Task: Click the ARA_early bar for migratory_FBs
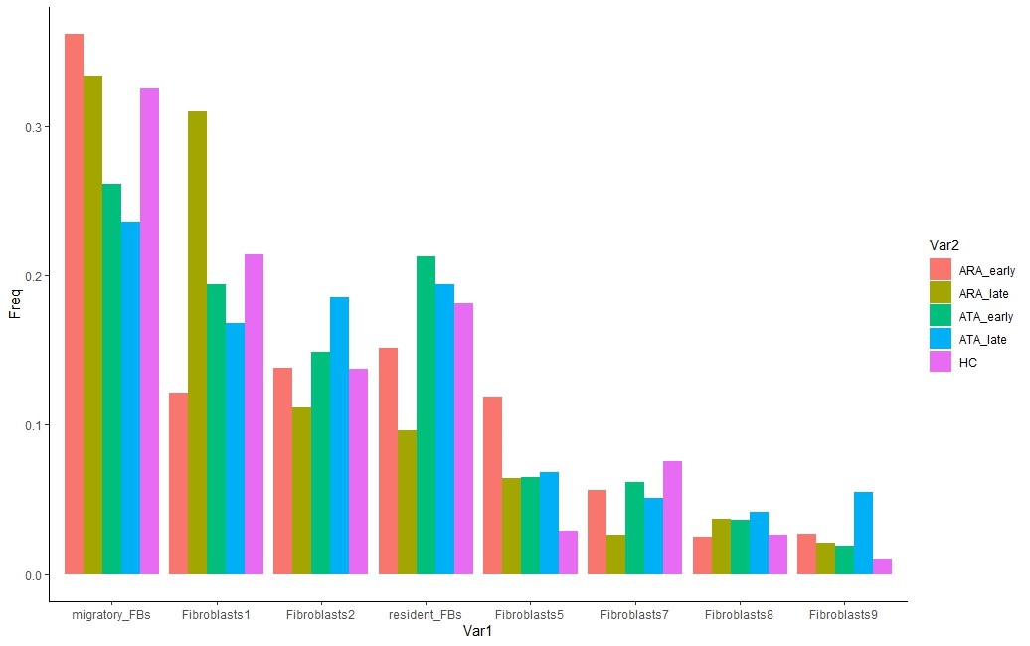[74, 304]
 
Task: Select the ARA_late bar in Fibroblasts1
[197, 343]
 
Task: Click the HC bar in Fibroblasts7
[672, 518]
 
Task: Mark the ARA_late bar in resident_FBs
[407, 502]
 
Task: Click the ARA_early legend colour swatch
[941, 269]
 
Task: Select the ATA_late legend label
[982, 340]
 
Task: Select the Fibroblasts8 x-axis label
[739, 616]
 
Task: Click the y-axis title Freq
[14, 302]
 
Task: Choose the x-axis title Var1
[478, 632]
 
